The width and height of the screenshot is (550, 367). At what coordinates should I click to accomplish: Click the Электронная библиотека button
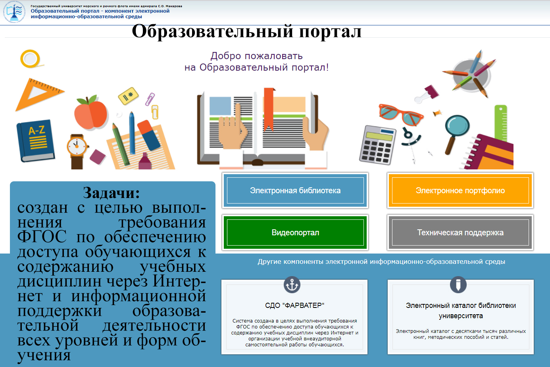(x=295, y=190)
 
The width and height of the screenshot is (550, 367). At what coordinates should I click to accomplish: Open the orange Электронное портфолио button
(x=460, y=190)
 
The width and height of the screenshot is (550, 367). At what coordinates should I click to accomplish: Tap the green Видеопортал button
(x=295, y=232)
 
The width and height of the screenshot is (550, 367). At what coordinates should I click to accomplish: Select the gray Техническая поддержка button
(x=460, y=232)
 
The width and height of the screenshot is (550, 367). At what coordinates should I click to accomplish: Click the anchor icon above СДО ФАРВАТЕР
(x=292, y=285)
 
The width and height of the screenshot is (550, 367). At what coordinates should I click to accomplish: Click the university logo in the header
(x=14, y=12)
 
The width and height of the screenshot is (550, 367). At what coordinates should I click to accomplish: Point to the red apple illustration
(x=91, y=112)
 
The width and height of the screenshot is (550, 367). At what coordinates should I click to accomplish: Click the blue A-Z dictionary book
(x=36, y=140)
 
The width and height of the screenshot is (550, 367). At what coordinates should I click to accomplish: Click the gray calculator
(x=378, y=144)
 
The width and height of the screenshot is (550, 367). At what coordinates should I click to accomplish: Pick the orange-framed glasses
(x=401, y=114)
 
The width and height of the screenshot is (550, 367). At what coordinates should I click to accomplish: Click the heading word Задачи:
(x=111, y=193)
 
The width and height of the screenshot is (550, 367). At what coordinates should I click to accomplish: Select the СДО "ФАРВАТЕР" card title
(x=294, y=306)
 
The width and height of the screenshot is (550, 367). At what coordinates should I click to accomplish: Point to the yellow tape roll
(x=31, y=59)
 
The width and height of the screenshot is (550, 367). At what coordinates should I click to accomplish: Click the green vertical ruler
(x=501, y=123)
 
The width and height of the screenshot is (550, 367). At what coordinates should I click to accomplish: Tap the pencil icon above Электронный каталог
(x=458, y=285)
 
